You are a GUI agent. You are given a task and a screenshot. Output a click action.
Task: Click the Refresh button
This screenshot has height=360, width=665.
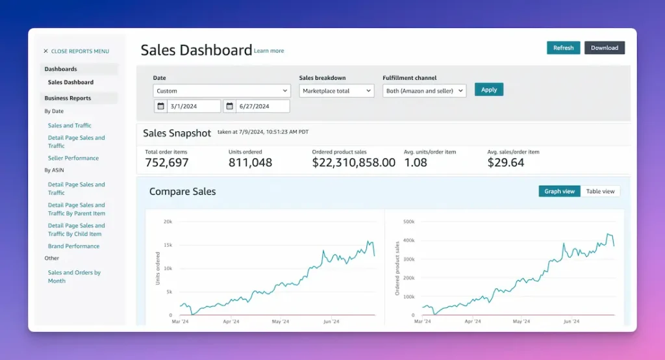pos(563,47)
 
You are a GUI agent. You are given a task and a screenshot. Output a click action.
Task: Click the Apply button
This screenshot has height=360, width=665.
pos(488,90)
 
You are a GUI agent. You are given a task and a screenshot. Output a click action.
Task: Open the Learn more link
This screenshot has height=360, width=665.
pos(269,51)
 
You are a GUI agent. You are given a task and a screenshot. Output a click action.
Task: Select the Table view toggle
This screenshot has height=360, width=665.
pos(600,191)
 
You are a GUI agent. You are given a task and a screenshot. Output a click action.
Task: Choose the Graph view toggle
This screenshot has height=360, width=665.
pos(559,191)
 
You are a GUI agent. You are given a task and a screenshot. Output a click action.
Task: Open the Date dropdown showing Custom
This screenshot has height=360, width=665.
pos(221,91)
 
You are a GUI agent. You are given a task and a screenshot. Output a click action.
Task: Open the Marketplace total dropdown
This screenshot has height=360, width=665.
pos(336,91)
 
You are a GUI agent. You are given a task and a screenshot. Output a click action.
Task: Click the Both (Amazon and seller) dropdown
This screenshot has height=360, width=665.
pos(424,91)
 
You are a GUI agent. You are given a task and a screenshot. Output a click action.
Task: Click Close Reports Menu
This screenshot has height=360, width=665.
pos(76,51)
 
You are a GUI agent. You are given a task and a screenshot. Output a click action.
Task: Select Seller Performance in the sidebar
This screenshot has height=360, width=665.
pos(73,158)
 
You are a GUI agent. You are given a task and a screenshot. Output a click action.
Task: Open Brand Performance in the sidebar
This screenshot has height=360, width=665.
pos(73,246)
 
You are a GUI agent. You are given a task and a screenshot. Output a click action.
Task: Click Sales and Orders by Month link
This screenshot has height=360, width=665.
pos(74,277)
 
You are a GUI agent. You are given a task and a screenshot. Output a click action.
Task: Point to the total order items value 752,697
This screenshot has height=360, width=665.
pos(167,162)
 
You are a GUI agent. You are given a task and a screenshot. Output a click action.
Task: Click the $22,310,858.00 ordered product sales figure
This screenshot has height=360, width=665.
pos(353,162)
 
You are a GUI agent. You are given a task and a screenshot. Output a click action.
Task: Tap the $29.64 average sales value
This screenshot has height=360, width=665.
pos(505,162)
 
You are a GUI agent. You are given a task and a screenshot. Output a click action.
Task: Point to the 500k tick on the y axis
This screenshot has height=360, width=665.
pos(409,222)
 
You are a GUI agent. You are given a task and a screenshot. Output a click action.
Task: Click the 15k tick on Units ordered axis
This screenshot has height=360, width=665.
pos(167,245)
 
